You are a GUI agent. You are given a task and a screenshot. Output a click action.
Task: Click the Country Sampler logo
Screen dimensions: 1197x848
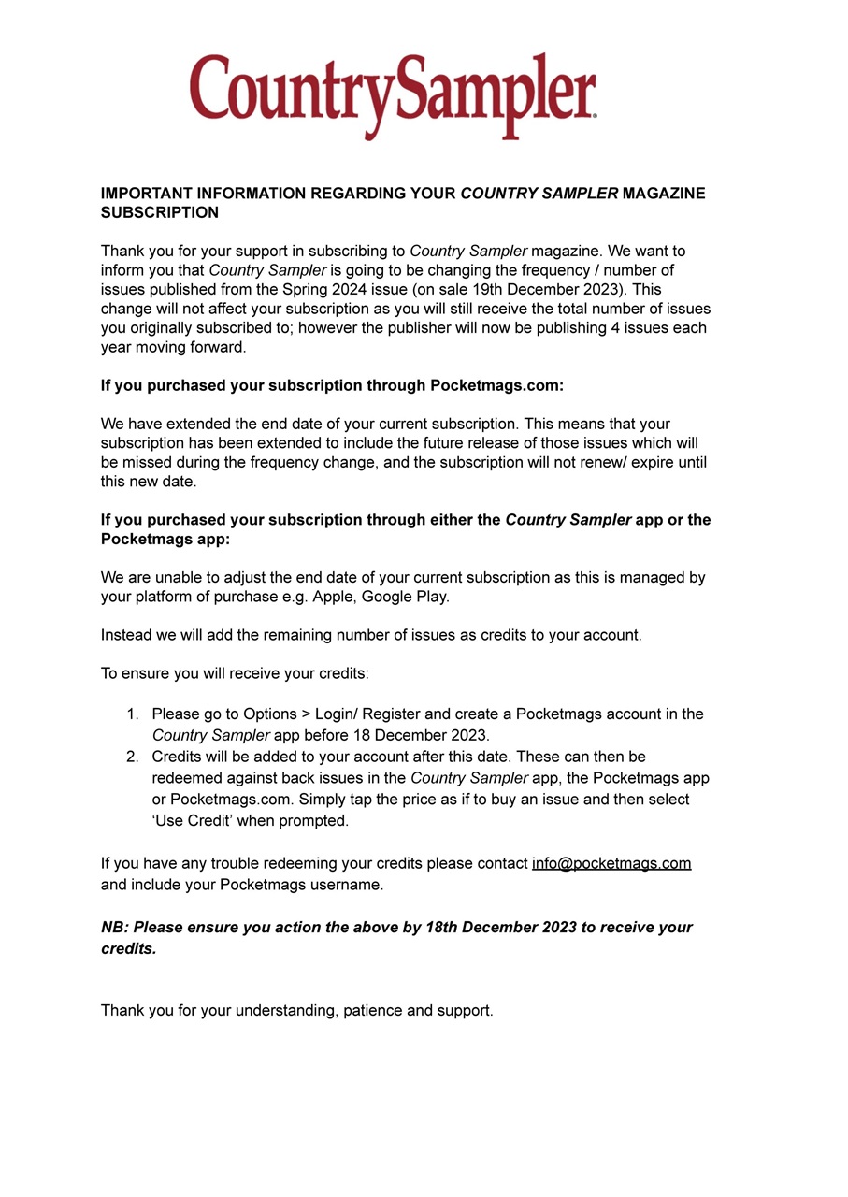tap(393, 95)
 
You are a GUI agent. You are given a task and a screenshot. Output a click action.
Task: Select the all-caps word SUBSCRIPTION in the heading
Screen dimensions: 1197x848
tap(160, 213)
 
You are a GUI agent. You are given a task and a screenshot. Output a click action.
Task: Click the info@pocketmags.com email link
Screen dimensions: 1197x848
tap(611, 864)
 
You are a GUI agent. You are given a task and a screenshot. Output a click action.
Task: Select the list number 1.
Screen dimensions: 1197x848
tap(132, 714)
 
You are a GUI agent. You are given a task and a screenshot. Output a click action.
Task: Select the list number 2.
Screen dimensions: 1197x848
tap(132, 757)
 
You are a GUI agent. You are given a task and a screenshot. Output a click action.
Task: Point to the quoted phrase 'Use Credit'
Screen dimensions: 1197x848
tap(193, 821)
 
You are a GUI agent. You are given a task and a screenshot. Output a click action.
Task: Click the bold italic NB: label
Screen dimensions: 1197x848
tap(115, 928)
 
